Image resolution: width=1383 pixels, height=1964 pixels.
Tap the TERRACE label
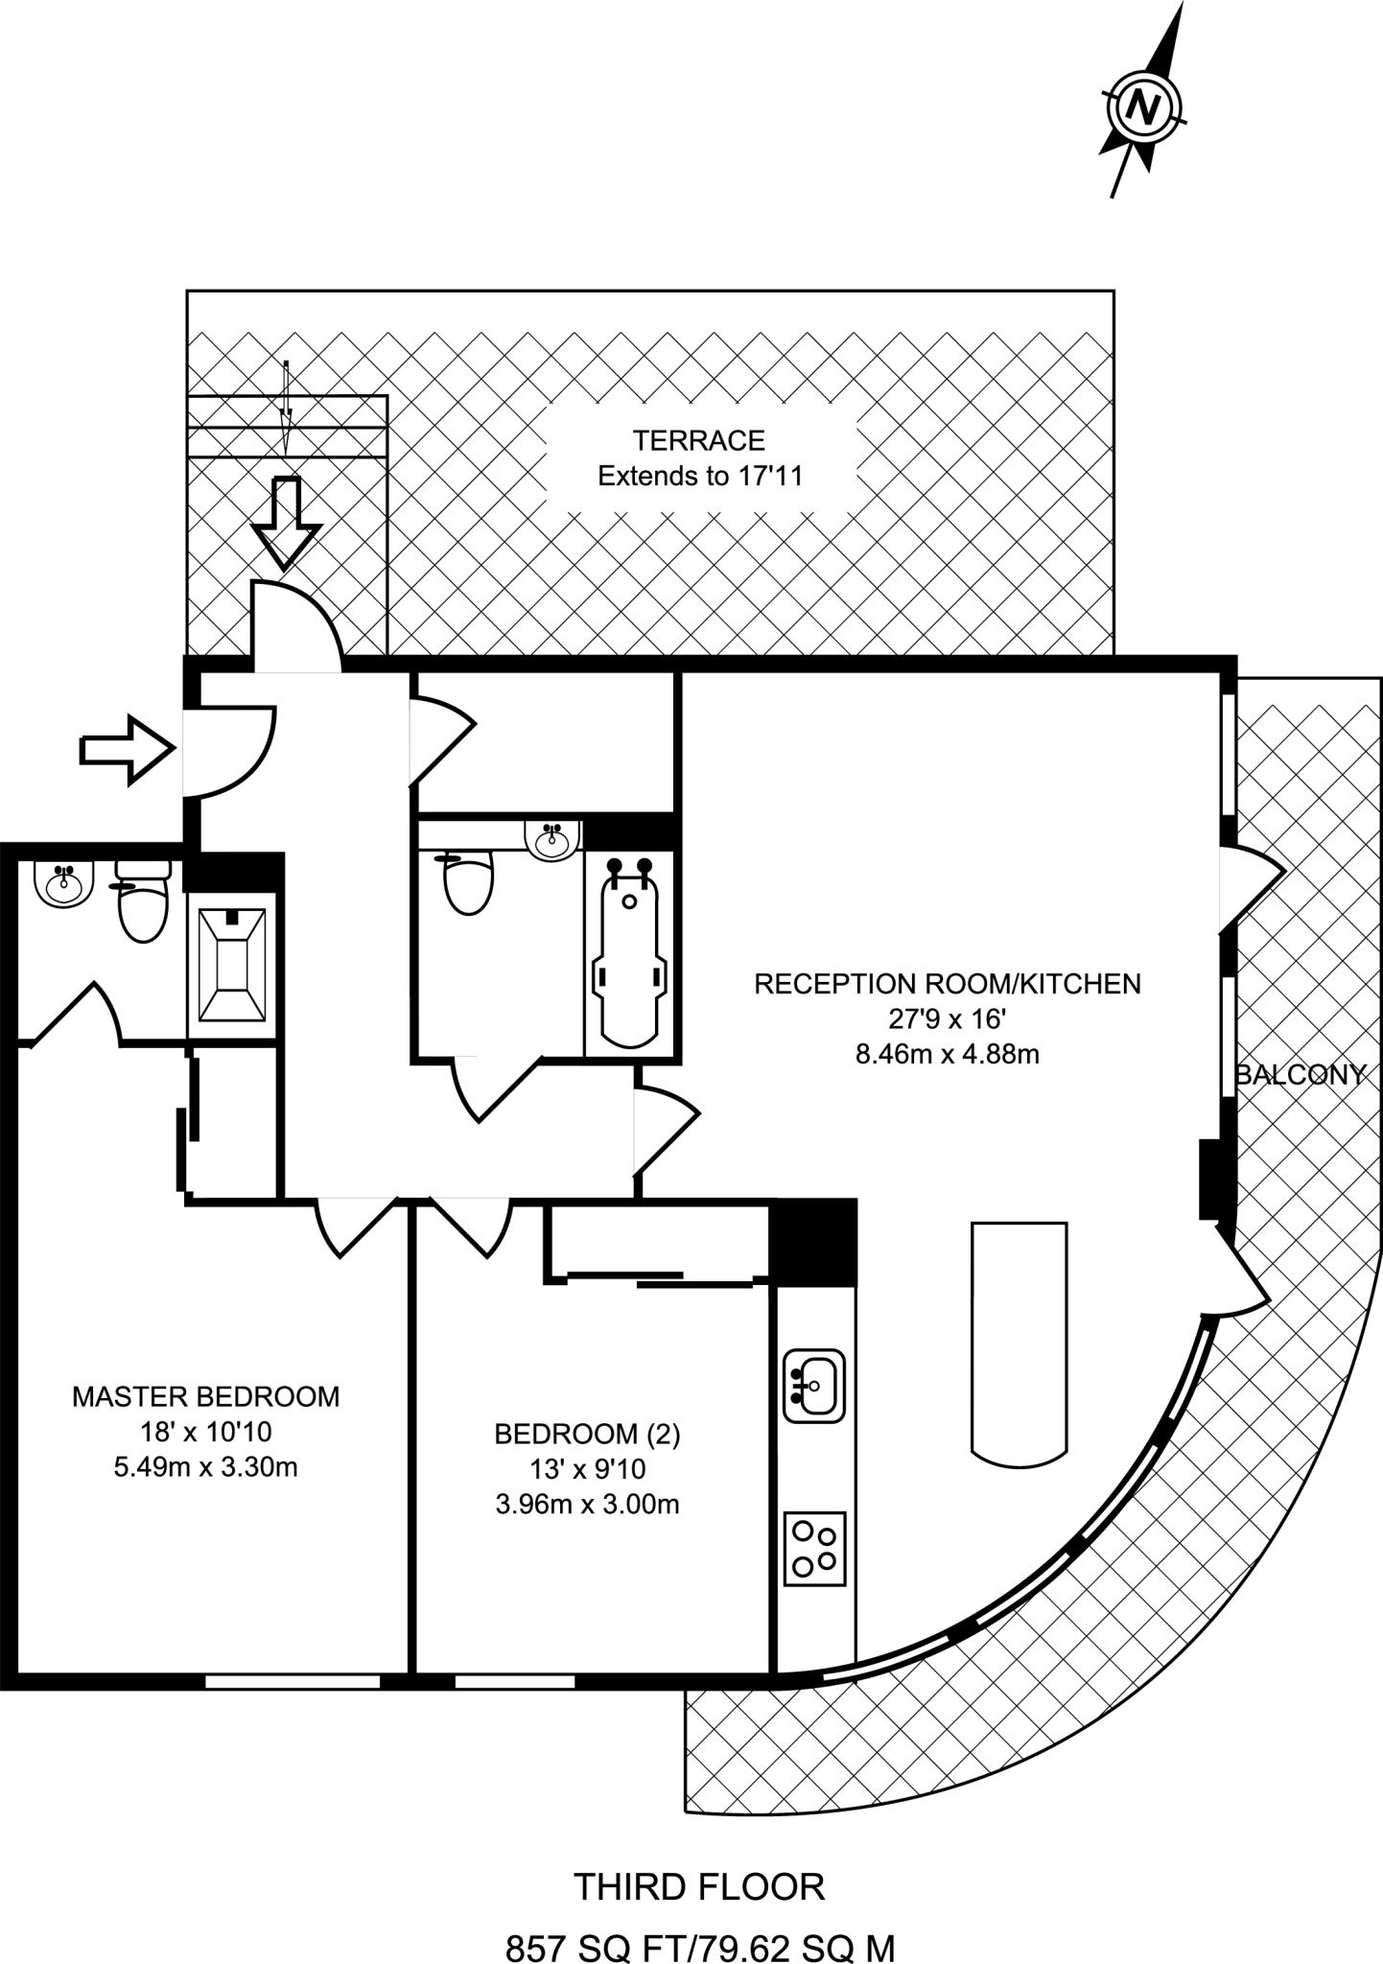(698, 441)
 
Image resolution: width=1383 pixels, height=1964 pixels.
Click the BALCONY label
(1301, 1074)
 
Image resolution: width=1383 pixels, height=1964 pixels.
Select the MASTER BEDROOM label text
(205, 1395)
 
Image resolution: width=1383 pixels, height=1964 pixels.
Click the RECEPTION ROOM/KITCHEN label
(947, 984)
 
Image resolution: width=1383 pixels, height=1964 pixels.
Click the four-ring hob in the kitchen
(815, 1548)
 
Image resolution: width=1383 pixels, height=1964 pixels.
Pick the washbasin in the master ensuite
(64, 882)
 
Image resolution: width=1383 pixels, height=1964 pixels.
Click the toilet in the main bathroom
(470, 883)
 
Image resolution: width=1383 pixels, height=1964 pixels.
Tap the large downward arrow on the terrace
(284, 522)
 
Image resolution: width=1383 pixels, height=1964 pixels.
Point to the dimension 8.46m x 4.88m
(947, 1055)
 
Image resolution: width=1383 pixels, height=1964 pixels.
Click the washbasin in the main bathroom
(553, 839)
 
